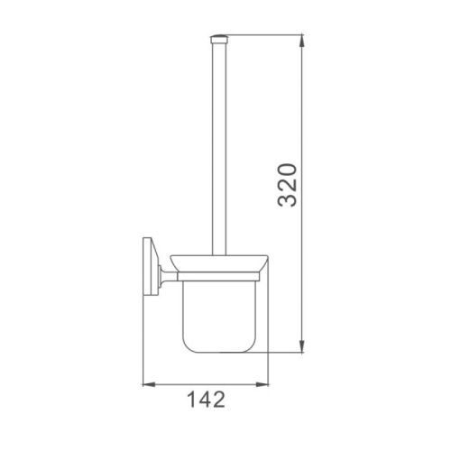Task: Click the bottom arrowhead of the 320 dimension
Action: click(x=301, y=347)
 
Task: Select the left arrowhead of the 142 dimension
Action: click(x=151, y=379)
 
